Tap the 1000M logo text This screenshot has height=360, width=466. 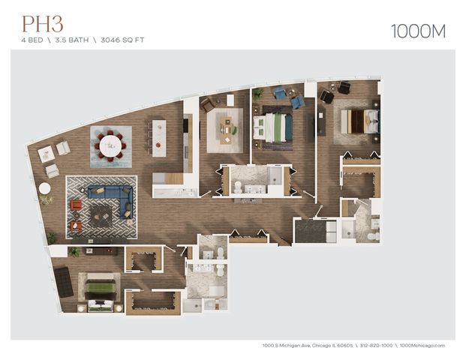click(x=417, y=31)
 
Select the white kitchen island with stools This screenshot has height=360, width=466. click(x=158, y=137)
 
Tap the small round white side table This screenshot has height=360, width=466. click(x=45, y=189)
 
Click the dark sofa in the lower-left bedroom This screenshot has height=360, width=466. click(x=64, y=282)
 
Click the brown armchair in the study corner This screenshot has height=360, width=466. click(x=208, y=105)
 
